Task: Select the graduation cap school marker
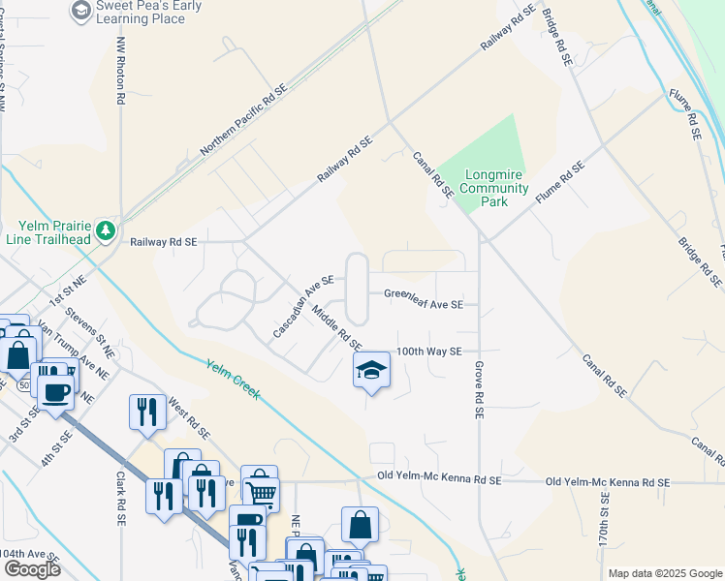click(x=371, y=371)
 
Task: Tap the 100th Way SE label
click(x=428, y=352)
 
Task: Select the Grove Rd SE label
click(x=479, y=390)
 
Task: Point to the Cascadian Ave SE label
click(x=303, y=306)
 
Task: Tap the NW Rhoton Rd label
click(x=121, y=72)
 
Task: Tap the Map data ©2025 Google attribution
click(x=664, y=573)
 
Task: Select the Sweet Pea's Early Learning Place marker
click(x=80, y=12)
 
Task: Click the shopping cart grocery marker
click(x=261, y=492)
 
